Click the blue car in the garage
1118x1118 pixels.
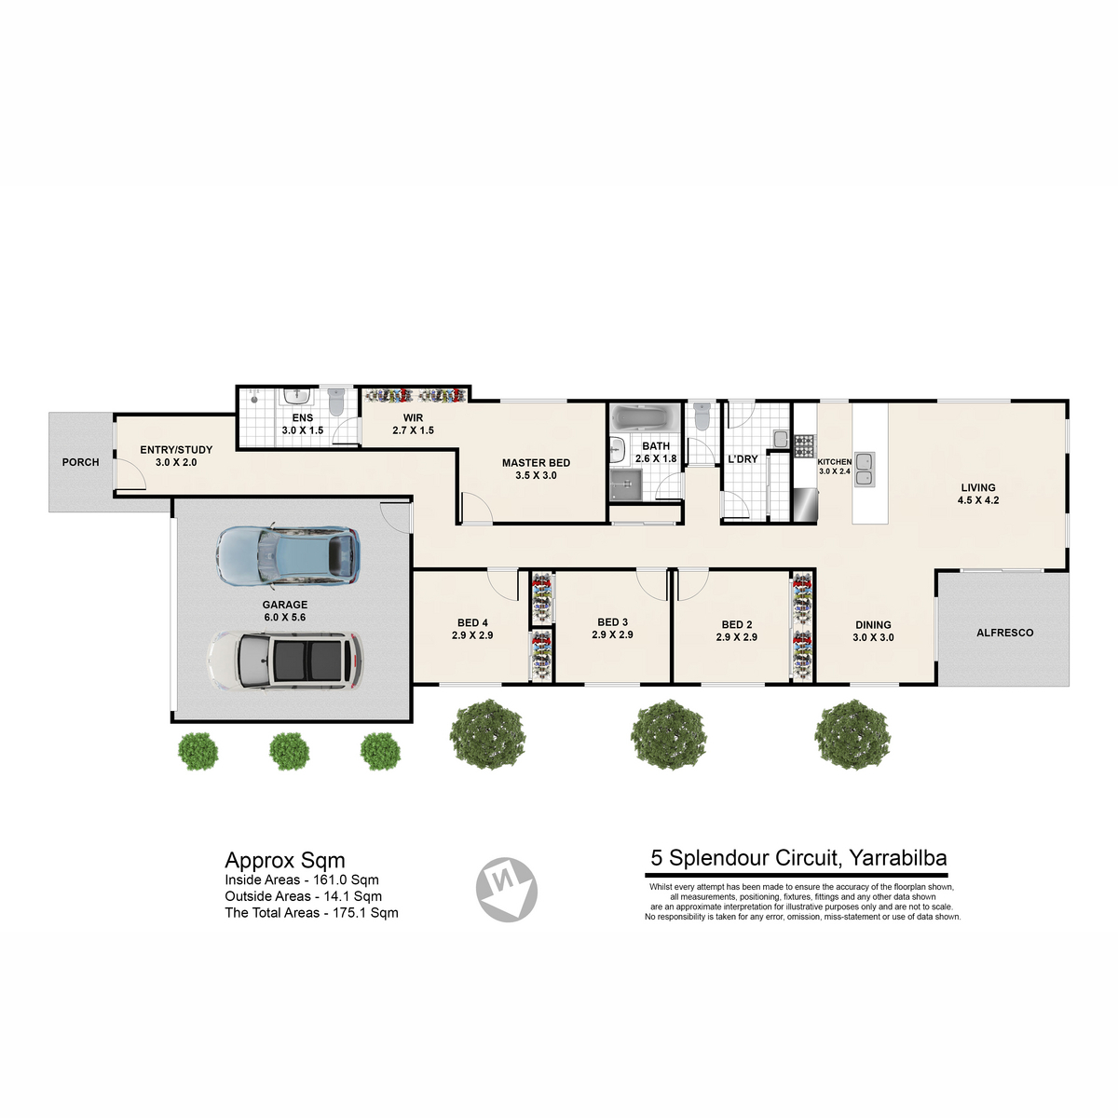tap(288, 554)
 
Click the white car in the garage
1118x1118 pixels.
tap(285, 661)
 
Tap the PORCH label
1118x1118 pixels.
tap(81, 462)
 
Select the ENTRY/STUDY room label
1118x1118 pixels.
tap(176, 450)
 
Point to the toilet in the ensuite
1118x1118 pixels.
tap(336, 402)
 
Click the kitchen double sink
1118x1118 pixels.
tap(864, 470)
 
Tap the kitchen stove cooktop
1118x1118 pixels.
tap(804, 445)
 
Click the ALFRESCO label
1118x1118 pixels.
tap(1005, 633)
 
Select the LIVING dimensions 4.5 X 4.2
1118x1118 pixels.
tap(978, 500)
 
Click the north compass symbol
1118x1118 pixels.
tap(507, 890)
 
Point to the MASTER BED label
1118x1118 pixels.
tap(536, 463)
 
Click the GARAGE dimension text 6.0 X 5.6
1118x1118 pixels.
tap(285, 618)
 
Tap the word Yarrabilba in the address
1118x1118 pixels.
tap(898, 857)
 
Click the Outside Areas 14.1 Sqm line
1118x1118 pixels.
tap(304, 896)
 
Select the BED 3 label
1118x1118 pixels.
tap(613, 622)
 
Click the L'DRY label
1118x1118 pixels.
tap(743, 459)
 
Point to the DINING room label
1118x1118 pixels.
tap(873, 625)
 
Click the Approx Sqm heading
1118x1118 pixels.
tap(285, 861)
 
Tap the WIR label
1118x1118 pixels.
tap(413, 417)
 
